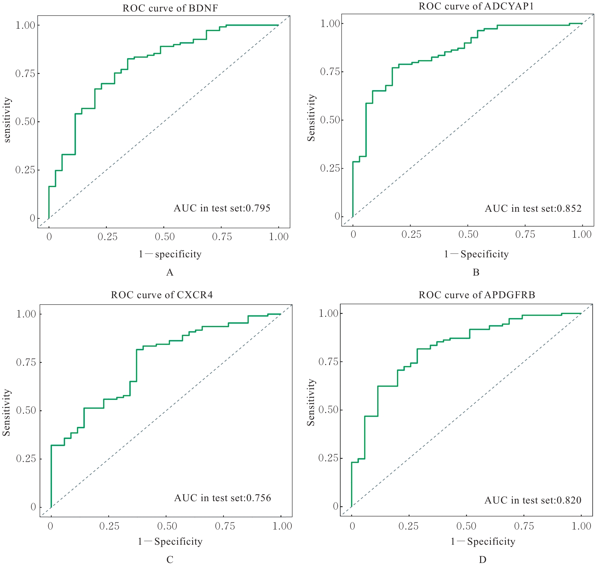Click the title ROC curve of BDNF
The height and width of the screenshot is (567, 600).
(170, 8)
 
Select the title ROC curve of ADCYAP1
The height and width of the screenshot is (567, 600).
(476, 6)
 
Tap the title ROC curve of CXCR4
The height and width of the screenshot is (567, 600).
(162, 295)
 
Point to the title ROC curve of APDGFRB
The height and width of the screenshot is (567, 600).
(477, 295)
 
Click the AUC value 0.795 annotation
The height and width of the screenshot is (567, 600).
(222, 208)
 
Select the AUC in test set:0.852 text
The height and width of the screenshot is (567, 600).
(533, 208)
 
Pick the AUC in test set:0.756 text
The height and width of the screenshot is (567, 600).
(223, 498)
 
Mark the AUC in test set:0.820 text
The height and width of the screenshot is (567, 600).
(533, 500)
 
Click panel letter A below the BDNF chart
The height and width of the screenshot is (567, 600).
(170, 273)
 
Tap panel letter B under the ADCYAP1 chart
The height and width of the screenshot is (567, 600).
(476, 273)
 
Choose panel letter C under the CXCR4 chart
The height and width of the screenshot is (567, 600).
(170, 560)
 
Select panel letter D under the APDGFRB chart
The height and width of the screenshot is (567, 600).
(482, 560)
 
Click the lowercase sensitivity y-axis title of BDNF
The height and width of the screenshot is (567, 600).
(7, 120)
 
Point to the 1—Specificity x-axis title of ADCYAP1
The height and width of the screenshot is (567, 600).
(476, 254)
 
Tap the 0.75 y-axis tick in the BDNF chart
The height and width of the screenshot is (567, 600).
(25, 74)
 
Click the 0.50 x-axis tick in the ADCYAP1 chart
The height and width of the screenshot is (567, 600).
(468, 234)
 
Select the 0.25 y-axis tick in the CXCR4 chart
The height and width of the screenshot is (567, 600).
(26, 459)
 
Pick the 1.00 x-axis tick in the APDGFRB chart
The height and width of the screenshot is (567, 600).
(581, 526)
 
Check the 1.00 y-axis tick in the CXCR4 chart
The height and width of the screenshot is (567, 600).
(26, 314)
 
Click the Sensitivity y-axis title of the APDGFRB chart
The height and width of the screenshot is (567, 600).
(311, 402)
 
